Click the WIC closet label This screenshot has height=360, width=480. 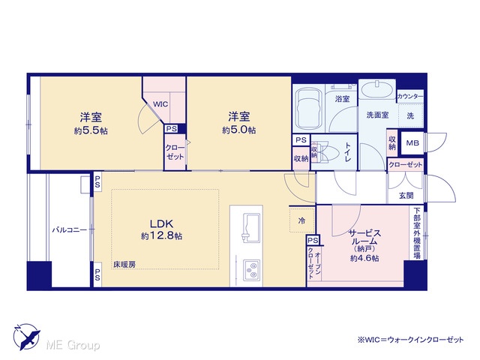click(x=160, y=104)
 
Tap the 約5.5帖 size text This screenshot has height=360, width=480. click(x=91, y=131)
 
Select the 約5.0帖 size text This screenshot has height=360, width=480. click(x=239, y=130)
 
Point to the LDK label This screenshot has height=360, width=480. click(x=162, y=223)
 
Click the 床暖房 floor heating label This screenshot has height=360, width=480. click(x=124, y=265)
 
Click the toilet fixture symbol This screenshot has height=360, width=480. click(x=325, y=152)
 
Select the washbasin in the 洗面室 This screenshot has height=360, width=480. click(x=377, y=91)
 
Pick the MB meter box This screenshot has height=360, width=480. click(x=412, y=143)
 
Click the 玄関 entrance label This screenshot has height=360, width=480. click(x=406, y=195)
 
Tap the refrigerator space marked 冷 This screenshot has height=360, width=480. click(x=301, y=220)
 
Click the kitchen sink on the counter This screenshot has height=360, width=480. click(x=250, y=228)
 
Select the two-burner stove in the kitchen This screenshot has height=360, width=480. click(x=252, y=270)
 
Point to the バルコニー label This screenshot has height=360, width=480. click(x=70, y=229)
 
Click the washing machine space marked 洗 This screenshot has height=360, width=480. click(x=411, y=115)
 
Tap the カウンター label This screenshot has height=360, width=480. click(x=410, y=97)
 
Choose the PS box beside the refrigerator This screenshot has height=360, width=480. click(x=313, y=240)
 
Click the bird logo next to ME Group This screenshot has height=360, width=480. click(x=27, y=337)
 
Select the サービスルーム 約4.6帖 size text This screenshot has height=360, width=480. click(x=364, y=258)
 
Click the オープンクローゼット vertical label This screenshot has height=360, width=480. click(x=314, y=265)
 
